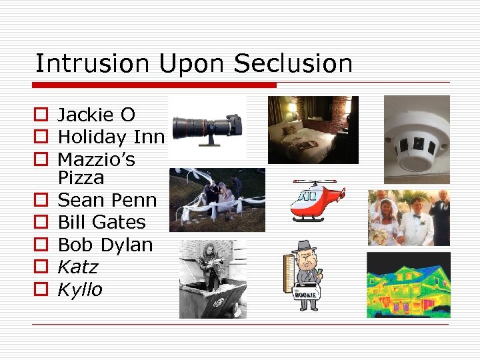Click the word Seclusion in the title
click(x=293, y=64)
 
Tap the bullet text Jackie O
click(x=96, y=115)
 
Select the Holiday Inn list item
click(x=111, y=137)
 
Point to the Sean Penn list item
click(x=107, y=200)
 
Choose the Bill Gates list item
click(x=101, y=222)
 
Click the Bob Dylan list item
click(x=105, y=245)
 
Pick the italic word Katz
click(x=77, y=267)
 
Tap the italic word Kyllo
click(x=80, y=289)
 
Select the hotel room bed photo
click(x=313, y=130)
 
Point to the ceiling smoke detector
click(x=417, y=139)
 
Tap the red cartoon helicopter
click(x=317, y=199)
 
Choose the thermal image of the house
click(x=408, y=285)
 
